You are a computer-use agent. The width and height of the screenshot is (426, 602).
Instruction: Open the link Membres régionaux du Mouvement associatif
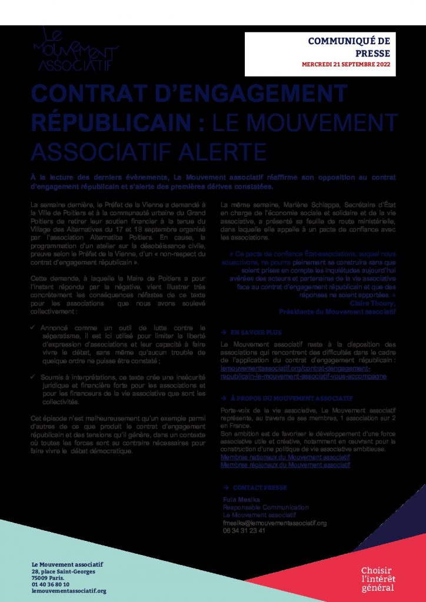point(285,464)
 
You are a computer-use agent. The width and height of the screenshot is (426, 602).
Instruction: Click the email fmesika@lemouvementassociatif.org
point(274,523)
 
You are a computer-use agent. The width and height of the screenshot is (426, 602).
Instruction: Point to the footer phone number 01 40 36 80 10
point(51,584)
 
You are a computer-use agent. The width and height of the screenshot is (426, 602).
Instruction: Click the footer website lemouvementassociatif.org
point(69,591)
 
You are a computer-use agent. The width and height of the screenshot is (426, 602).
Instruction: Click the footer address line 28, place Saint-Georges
point(64,571)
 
